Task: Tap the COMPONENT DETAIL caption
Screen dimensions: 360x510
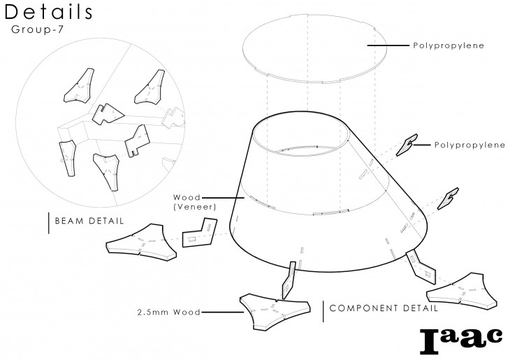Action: pos(384,308)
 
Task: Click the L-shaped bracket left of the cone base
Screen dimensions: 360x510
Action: pos(200,233)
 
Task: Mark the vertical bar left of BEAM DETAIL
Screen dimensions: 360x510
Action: pos(48,222)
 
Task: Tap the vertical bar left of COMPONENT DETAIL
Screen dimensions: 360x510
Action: pos(323,312)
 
